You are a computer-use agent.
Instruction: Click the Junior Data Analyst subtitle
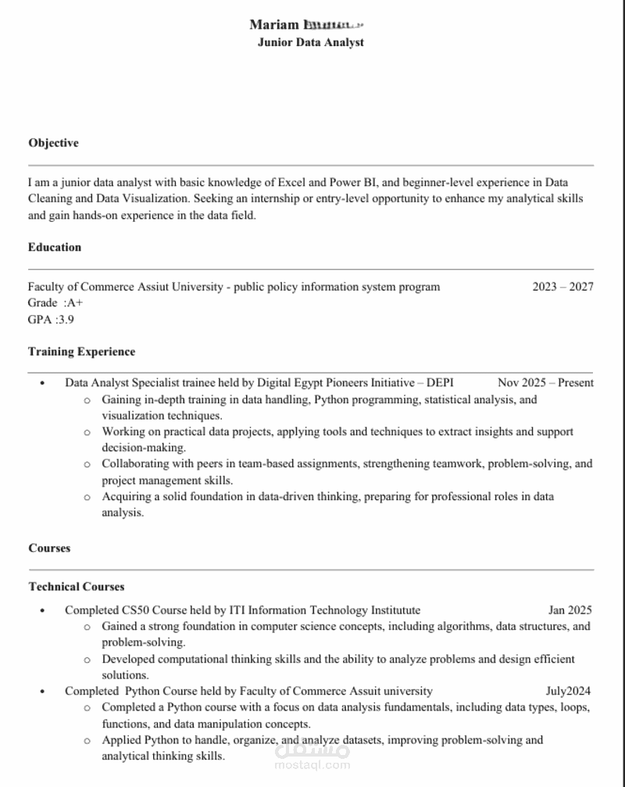310,43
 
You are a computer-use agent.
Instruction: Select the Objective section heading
53,143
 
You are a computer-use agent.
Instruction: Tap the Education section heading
55,247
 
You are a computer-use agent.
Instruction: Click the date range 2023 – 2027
562,287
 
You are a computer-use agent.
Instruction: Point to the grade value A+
75,303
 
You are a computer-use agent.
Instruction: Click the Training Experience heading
81,352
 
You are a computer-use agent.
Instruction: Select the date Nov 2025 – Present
545,383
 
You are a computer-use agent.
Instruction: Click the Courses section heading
49,548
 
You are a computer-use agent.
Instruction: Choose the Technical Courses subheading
77,586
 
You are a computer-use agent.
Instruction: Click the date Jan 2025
570,610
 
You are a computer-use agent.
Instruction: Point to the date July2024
568,691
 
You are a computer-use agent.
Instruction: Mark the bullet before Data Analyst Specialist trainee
42,384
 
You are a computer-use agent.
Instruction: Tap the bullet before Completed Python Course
42,692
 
